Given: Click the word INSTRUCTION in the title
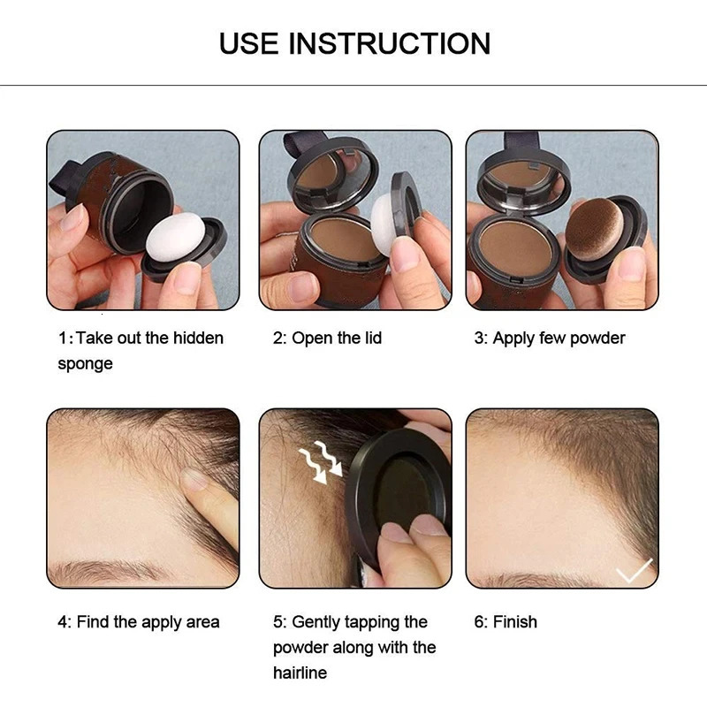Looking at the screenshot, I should click(392, 42).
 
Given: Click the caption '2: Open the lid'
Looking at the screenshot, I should click(328, 338).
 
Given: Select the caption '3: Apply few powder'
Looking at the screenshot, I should click(550, 338).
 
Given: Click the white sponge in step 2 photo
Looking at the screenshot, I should click(386, 217).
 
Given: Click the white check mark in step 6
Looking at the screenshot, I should click(634, 571).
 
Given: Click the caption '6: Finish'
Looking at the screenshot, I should click(506, 622).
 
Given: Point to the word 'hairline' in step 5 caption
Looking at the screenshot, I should click(300, 673).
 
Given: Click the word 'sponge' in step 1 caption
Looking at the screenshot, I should click(86, 363).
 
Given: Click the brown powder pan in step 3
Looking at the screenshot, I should click(515, 250).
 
